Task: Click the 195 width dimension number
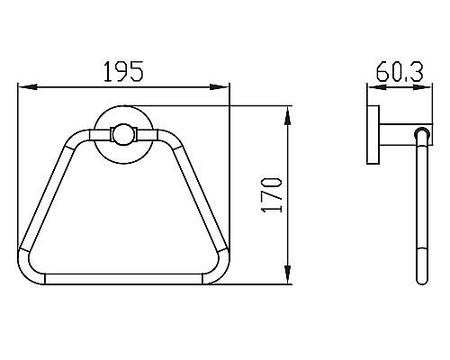pos(123,71)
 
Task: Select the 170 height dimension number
pos(272,195)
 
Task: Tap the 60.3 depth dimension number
pos(400,72)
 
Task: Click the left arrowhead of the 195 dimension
pos(28,87)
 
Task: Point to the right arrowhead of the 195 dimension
pos(220,87)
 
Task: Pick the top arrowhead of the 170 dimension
pos(287,116)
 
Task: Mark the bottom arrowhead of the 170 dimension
pos(287,274)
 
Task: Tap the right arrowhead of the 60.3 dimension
pos(423,87)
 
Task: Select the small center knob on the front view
pos(124,135)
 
